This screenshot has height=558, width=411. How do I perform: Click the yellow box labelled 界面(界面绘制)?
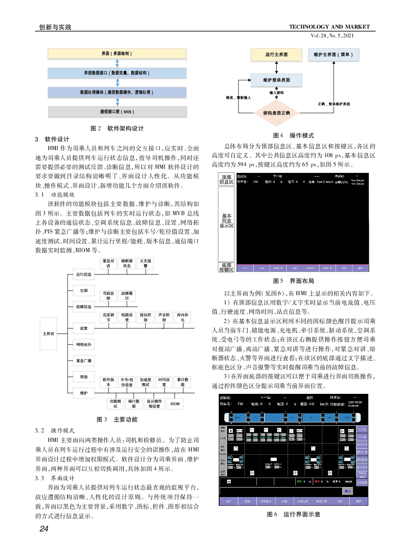click(x=117, y=53)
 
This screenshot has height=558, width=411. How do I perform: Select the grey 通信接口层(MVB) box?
click(x=117, y=112)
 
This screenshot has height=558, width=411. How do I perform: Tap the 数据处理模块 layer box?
click(x=117, y=92)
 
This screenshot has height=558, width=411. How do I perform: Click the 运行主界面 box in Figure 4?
click(x=276, y=55)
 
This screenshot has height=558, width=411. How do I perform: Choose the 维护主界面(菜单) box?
click(x=333, y=55)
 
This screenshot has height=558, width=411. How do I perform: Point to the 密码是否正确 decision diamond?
click(x=276, y=113)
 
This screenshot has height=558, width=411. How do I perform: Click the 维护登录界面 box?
click(x=276, y=80)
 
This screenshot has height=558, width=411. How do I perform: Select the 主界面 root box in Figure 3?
click(x=48, y=334)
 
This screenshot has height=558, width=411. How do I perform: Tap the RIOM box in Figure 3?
click(x=175, y=404)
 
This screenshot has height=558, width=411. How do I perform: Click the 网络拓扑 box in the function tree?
click(x=84, y=345)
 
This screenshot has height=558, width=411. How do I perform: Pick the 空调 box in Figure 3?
click(x=84, y=291)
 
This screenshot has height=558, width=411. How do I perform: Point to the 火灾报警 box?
click(x=145, y=263)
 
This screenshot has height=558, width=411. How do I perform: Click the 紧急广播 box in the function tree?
click(x=84, y=361)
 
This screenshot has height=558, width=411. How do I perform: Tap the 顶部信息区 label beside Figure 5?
click(x=226, y=179)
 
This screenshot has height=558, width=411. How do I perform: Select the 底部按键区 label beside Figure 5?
click(x=226, y=267)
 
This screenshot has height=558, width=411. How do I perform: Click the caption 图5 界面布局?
click(x=293, y=281)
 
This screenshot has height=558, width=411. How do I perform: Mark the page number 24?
click(x=44, y=529)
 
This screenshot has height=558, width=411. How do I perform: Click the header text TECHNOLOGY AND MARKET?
click(x=329, y=27)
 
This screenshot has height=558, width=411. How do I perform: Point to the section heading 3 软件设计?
click(x=52, y=139)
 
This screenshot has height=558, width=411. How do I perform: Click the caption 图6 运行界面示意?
click(x=293, y=514)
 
